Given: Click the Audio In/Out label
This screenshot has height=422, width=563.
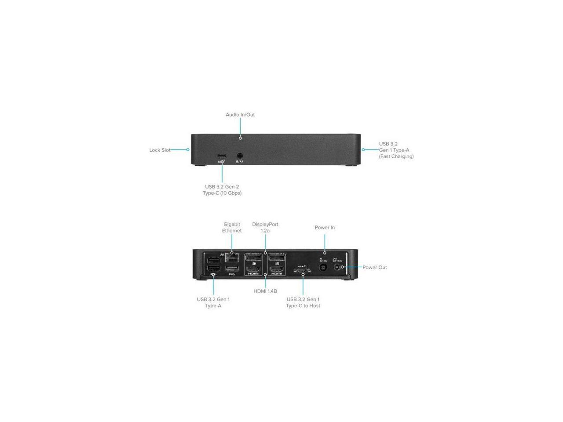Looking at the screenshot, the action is tap(240, 115).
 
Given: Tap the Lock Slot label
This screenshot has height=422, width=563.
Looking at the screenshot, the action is tap(160, 150).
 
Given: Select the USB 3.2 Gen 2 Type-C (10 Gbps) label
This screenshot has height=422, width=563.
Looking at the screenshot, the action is tap(222, 190).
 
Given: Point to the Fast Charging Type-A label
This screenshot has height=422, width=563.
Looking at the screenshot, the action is tap(396, 150).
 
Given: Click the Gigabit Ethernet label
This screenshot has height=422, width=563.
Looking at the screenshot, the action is tap(231, 227).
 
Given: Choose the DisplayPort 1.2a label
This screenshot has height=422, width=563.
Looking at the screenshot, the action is tap(265, 227).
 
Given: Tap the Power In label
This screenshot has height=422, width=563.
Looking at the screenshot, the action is tap(325, 227).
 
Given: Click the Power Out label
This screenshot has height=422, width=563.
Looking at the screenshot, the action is tap(374, 267).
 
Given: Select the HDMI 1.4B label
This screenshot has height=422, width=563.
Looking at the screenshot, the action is tap(265, 291).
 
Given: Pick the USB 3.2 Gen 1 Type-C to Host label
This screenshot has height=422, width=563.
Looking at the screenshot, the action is tap(303, 302).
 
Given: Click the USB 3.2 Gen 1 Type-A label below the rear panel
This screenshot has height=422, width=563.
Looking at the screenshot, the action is tap(213, 302).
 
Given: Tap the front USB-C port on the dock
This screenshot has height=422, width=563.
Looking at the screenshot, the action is tap(221, 156).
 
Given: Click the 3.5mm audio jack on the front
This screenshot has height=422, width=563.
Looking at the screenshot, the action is tap(240, 156).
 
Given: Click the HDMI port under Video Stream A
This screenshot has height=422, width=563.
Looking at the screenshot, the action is tap(253, 269).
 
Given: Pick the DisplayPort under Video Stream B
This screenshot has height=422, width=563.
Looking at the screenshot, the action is tap(277, 258).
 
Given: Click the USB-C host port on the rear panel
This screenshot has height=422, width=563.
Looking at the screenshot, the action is tap(302, 271).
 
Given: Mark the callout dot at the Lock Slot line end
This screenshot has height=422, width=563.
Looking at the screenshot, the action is tap(188, 150).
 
